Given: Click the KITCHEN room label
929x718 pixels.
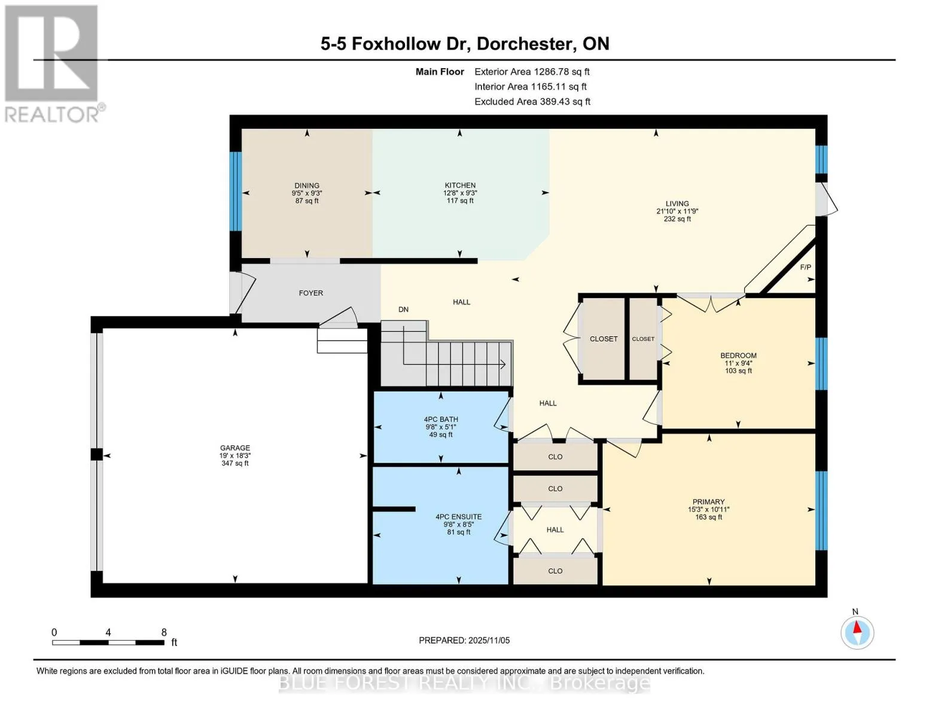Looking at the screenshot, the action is tap(460, 185).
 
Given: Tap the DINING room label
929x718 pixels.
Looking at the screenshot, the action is tap(306, 185).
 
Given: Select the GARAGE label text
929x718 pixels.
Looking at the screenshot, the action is tap(234, 448).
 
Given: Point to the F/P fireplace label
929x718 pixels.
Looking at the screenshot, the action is tap(805, 267).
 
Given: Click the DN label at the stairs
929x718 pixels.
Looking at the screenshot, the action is tap(403, 309).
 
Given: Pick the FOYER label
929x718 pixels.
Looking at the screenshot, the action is tap(311, 293).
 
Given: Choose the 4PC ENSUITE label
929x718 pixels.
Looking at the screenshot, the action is tap(458, 516).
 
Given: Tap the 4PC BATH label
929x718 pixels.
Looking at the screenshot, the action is tap(441, 419).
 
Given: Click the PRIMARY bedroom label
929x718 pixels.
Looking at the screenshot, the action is tap(708, 501).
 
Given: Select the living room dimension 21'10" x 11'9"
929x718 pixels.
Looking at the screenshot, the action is tap(677, 211).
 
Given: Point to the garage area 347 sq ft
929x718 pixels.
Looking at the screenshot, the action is tap(234, 463).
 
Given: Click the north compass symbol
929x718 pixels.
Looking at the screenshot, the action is tap(857, 632).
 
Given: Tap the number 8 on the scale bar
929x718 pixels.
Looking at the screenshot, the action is tap(164, 632).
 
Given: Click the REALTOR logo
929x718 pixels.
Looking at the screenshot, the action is tap(53, 64).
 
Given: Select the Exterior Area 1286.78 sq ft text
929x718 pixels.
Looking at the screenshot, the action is tap(532, 72).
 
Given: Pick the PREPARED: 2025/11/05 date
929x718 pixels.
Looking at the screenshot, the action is tap(464, 640).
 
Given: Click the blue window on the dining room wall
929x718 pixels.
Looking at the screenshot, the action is tap(235, 191).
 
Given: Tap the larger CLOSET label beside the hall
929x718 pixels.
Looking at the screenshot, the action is tap(603, 339).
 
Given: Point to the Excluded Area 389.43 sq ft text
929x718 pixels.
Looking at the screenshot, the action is tap(532, 102).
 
